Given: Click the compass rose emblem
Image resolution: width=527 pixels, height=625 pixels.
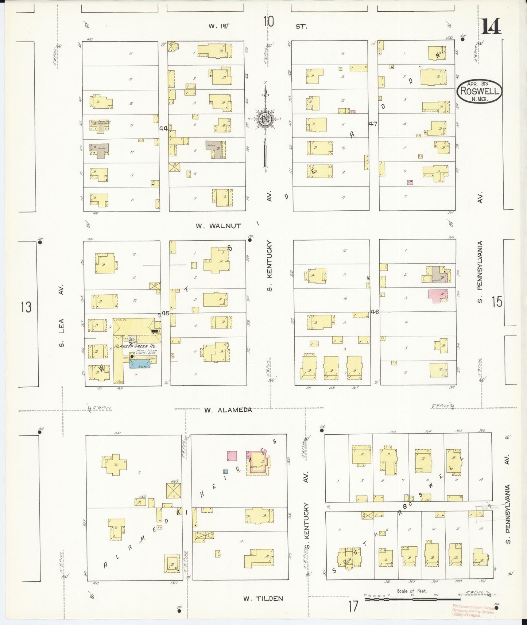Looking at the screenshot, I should tap(266, 119).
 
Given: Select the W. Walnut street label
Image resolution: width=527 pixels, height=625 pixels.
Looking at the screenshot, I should tap(218, 226).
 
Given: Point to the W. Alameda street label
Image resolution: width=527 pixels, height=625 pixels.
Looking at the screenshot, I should tap(228, 410).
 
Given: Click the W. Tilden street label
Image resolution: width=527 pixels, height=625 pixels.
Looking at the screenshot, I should tap(263, 598).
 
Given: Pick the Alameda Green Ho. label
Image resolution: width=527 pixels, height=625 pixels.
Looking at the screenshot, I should tap(132, 346).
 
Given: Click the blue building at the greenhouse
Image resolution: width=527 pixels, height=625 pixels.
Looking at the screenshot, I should tap(139, 364).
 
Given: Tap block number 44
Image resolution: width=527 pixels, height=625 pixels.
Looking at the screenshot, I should tap(163, 128).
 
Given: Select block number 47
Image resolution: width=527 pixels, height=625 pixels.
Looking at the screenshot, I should tap(372, 124).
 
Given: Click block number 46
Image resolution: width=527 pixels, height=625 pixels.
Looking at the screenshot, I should tap(375, 312).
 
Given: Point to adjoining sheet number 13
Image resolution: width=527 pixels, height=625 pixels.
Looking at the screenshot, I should tap(26, 307).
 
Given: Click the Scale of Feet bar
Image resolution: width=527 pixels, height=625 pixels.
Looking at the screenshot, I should tap(412, 600).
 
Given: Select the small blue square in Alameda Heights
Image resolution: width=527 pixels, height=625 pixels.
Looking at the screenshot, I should tap(226, 472).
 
